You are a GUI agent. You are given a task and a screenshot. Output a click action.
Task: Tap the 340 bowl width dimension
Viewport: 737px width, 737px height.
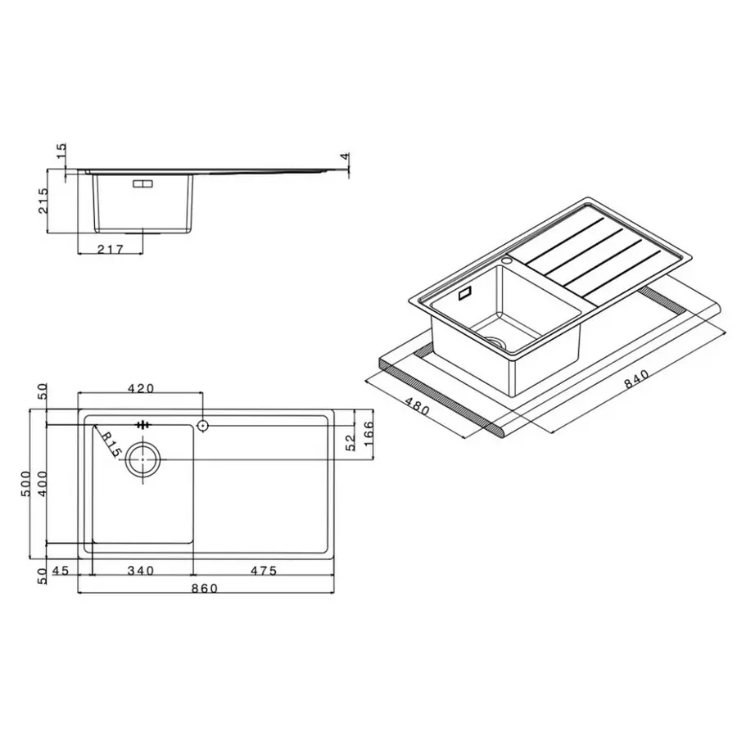click(x=141, y=570)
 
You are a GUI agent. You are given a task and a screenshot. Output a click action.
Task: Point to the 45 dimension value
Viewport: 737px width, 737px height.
click(x=60, y=570)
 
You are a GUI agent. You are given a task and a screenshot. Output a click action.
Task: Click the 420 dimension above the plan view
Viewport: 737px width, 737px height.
click(x=140, y=388)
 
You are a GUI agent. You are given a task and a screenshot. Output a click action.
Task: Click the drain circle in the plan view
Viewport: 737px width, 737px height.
click(x=144, y=460)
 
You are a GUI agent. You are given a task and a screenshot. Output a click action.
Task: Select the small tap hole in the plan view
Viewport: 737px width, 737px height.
click(x=202, y=426)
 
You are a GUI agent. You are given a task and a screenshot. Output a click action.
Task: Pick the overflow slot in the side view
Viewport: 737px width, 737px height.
click(x=142, y=184)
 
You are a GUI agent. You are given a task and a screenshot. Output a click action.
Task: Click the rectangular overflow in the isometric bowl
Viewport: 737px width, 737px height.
click(x=467, y=292)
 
